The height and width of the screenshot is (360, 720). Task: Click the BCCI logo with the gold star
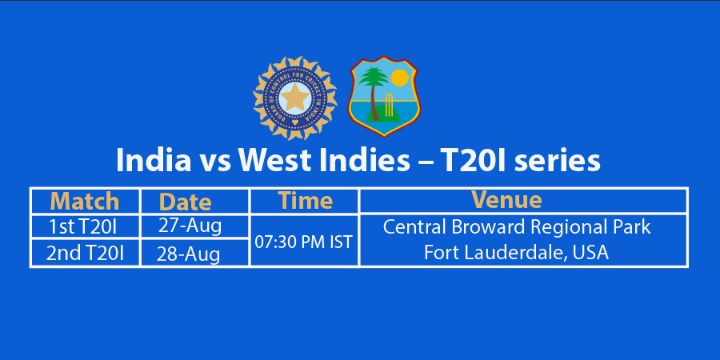(x=294, y=98)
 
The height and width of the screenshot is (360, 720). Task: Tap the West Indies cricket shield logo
(x=384, y=96)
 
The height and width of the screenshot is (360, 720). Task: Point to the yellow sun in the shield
(x=399, y=78)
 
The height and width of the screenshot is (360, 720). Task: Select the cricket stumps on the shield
(x=389, y=104)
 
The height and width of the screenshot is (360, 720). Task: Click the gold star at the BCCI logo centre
(x=294, y=98)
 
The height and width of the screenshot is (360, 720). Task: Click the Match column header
(x=85, y=201)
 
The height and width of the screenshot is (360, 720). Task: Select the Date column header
(x=185, y=202)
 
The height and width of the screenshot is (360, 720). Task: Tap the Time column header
(x=306, y=201)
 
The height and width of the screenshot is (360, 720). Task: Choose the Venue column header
(x=507, y=200)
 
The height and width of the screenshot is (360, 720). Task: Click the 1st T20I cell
(x=86, y=226)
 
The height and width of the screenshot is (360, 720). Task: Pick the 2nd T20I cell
(x=85, y=254)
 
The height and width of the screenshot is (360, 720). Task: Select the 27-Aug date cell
(x=190, y=226)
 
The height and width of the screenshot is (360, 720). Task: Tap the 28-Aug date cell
(x=188, y=254)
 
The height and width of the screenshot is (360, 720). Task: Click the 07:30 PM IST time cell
(x=303, y=242)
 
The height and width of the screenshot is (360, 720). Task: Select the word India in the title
(x=154, y=160)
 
